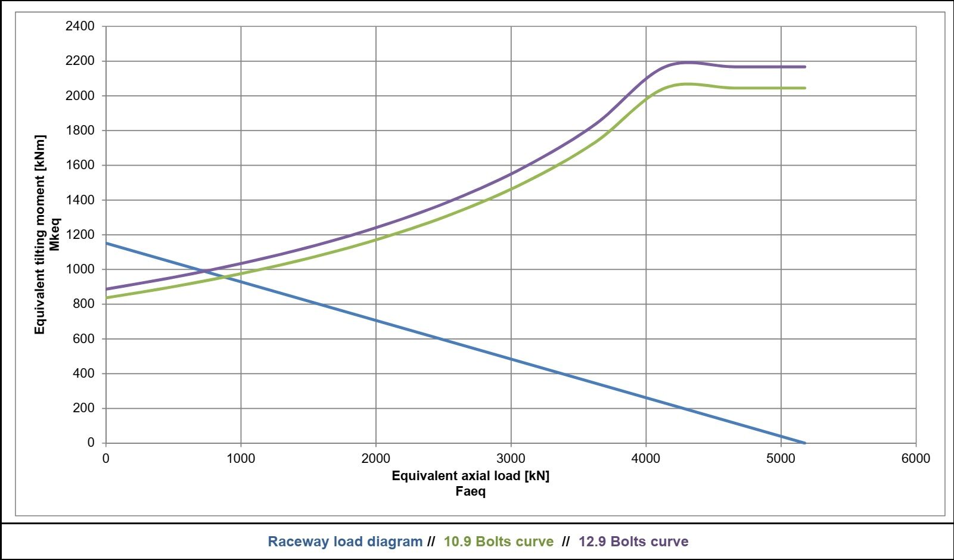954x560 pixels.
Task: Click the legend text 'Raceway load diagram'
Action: click(x=345, y=542)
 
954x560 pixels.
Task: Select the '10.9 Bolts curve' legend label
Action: click(x=499, y=542)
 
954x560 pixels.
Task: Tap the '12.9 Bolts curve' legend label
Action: click(x=633, y=542)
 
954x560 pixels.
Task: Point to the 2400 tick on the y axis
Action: click(x=80, y=26)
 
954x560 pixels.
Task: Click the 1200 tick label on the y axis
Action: click(x=80, y=235)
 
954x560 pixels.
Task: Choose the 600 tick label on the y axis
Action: click(x=84, y=338)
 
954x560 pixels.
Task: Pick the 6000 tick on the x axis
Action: click(x=916, y=459)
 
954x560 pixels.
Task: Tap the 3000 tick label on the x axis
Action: click(x=511, y=459)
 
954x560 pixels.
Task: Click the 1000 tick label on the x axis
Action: click(x=241, y=459)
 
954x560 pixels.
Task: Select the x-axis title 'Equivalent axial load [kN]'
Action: click(x=471, y=475)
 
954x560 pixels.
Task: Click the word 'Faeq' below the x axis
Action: click(x=471, y=491)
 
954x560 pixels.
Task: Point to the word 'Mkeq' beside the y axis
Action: click(x=54, y=234)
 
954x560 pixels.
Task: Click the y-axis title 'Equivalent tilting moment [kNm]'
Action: click(x=39, y=235)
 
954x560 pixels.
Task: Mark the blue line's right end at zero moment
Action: click(x=804, y=443)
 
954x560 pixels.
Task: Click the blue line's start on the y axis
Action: click(x=106, y=243)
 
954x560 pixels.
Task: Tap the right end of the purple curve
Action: click(x=804, y=67)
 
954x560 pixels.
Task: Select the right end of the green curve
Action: click(x=804, y=88)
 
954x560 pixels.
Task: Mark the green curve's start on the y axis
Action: click(x=106, y=298)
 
